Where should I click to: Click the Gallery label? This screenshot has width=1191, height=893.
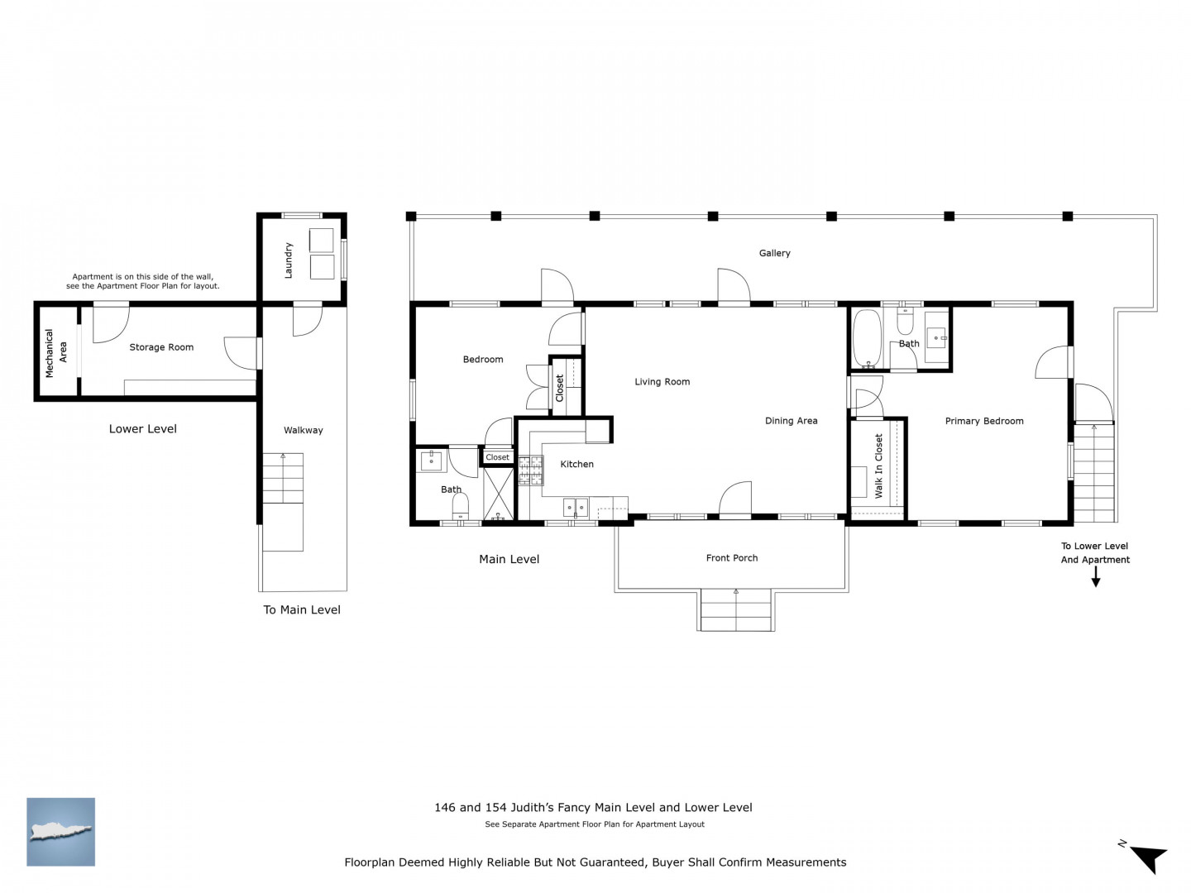pos(774,253)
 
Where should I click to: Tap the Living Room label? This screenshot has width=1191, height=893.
pos(662,382)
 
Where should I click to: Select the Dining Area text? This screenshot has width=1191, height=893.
pos(791,421)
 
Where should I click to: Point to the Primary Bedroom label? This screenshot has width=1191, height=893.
pos(983,422)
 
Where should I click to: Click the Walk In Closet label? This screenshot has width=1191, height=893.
pos(878,466)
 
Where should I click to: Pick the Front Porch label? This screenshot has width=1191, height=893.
pos(731,558)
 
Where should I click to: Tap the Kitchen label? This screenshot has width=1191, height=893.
pos(576,464)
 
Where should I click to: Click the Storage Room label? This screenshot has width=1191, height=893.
pos(161,347)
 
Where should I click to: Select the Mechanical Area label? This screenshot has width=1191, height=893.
pos(56,353)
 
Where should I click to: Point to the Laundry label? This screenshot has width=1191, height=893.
pos(288,260)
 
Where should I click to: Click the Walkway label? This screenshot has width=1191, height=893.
pos(303,431)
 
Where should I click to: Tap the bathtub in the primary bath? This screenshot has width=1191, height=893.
pos(867,338)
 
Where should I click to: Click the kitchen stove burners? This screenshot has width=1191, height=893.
pos(531,470)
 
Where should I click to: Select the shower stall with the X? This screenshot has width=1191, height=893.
pos(498,494)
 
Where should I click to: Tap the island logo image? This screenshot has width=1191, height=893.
pos(60,832)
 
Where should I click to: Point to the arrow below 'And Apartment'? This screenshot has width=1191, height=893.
pos(1095,577)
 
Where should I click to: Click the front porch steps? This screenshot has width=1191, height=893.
pos(735,610)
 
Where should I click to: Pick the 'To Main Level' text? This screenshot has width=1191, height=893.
pos(302,610)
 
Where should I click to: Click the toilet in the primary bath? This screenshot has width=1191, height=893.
pos(905,321)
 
